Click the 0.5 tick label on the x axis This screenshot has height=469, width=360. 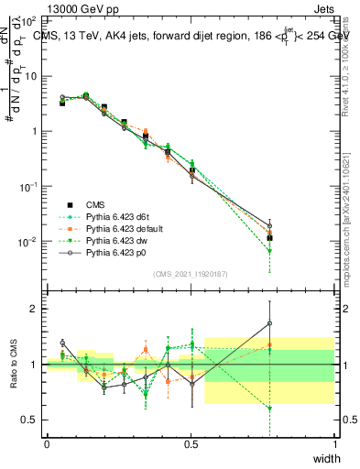(x=191, y=443)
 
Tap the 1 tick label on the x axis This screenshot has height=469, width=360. (x=334, y=443)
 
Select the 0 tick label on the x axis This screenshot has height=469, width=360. (x=47, y=443)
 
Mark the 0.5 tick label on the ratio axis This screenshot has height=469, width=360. (x=27, y=420)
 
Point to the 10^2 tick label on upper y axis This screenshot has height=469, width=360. (x=27, y=20)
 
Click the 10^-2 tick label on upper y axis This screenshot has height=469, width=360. (x=27, y=242)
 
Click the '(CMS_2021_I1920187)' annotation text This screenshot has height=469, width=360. (x=190, y=272)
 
